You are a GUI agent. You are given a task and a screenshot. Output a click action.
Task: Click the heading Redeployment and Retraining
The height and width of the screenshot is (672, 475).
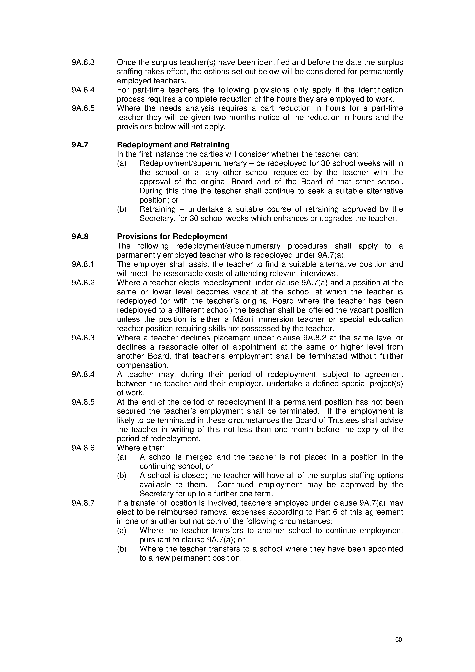tap(173, 145)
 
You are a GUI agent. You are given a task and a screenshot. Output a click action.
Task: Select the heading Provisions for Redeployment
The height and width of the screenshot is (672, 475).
tap(172, 237)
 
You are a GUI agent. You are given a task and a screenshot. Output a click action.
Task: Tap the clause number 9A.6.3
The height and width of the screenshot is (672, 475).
tap(83, 63)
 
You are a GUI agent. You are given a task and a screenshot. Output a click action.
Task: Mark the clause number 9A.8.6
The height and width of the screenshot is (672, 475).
tap(83, 448)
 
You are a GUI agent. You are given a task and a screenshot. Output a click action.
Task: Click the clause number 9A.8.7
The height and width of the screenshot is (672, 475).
tap(83, 503)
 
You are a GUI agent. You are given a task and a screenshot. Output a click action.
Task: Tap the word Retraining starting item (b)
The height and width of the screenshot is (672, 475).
tap(157, 210)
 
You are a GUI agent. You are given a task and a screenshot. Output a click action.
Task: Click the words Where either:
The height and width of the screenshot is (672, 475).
tap(141, 448)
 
